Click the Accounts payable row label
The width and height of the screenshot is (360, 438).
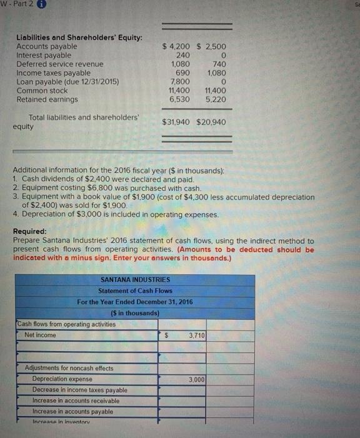pyautogui.click(x=47, y=46)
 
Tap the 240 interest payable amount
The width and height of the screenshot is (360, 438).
pyautogui.click(x=182, y=55)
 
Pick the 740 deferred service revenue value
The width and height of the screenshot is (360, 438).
pyautogui.click(x=219, y=64)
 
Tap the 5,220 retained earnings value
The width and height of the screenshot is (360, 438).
pyautogui.click(x=216, y=99)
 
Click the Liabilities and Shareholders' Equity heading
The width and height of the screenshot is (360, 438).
pyautogui.click(x=79, y=38)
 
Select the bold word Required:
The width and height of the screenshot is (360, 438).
pyautogui.click(x=31, y=231)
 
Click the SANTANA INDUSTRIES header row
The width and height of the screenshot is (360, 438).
pyautogui.click(x=135, y=280)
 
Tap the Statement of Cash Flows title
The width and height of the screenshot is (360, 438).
pyautogui.click(x=135, y=291)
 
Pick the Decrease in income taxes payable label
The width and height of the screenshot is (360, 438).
pyautogui.click(x=79, y=390)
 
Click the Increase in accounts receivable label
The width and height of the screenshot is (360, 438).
pyautogui.click(x=76, y=400)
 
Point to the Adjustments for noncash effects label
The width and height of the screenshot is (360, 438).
pyautogui.click(x=69, y=368)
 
